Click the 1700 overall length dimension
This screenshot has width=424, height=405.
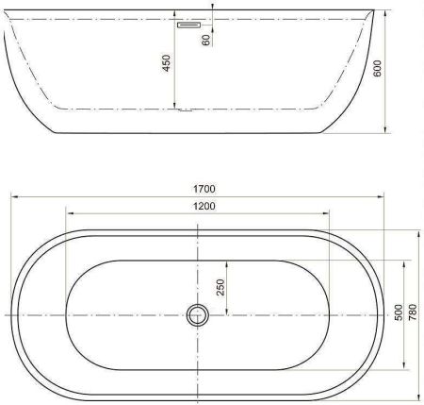click(199, 188)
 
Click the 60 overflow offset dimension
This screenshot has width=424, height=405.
click(205, 38)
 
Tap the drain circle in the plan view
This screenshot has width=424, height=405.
click(197, 314)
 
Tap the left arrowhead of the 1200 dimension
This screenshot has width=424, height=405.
click(66, 214)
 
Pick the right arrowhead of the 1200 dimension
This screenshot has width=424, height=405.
click(329, 214)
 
